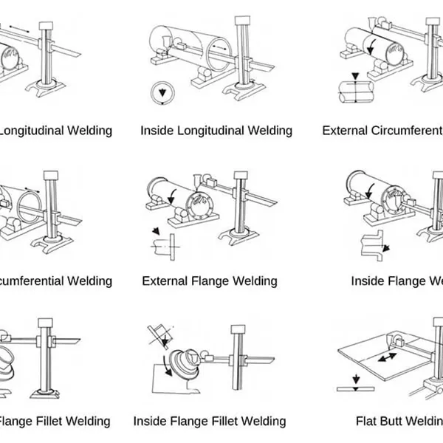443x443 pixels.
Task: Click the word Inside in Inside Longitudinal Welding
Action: pyautogui.click(x=157, y=131)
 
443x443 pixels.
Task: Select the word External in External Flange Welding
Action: pyautogui.click(x=165, y=281)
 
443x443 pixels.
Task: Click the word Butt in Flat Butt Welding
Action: pyautogui.click(x=399, y=421)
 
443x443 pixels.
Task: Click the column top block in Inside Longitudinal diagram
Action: pyautogui.click(x=241, y=24)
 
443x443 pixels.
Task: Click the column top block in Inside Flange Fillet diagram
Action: pyautogui.click(x=238, y=330)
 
